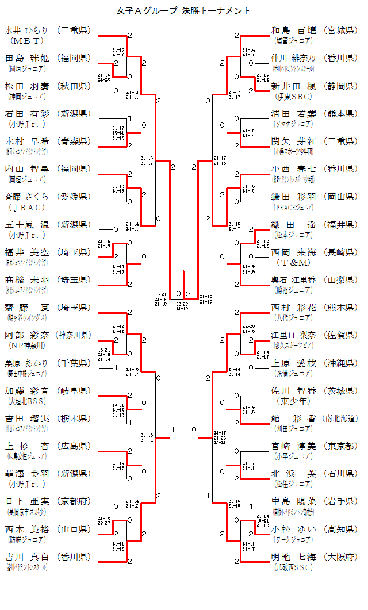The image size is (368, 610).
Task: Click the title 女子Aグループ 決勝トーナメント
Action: [183, 11]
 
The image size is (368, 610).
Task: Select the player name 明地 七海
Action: [293, 557]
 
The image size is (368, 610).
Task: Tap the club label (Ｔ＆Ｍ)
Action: [293, 263]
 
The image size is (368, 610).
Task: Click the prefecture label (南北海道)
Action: [340, 418]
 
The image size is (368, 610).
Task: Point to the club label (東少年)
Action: [293, 401]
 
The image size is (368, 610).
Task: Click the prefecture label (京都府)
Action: [74, 501]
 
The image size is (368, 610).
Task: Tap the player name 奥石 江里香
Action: [293, 280]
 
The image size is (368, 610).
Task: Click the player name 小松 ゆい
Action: [293, 529]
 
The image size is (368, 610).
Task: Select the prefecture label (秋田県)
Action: [74, 86]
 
